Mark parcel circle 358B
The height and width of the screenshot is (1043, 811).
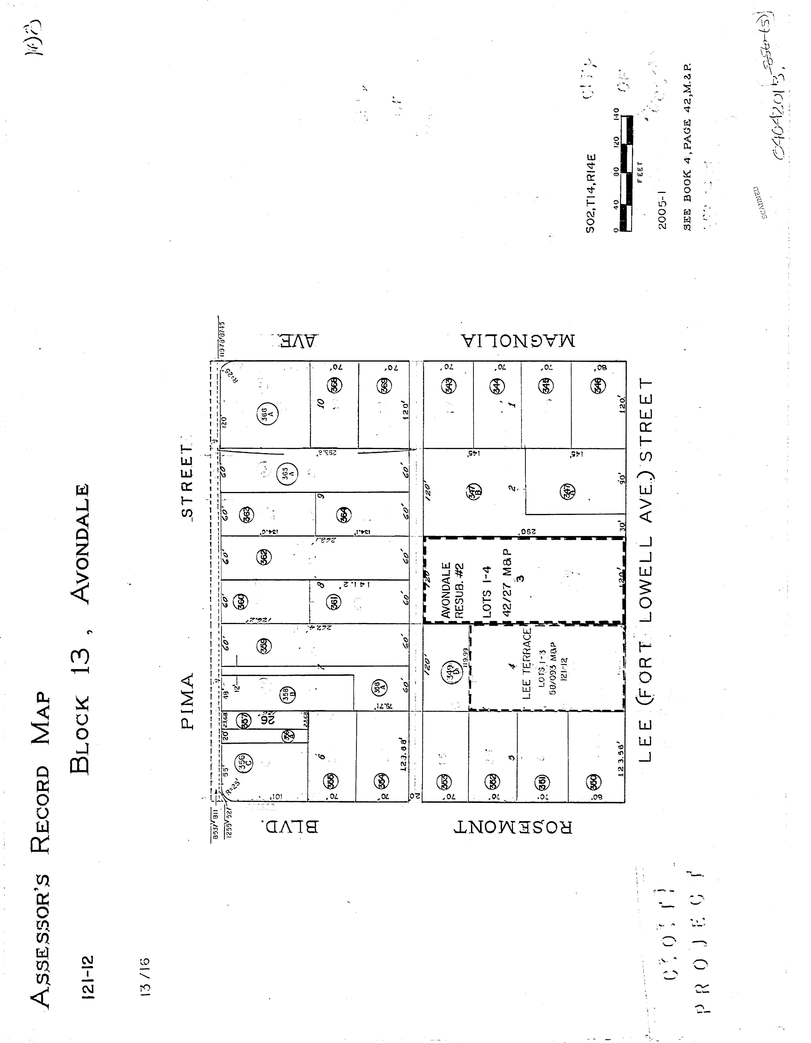point(285,693)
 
